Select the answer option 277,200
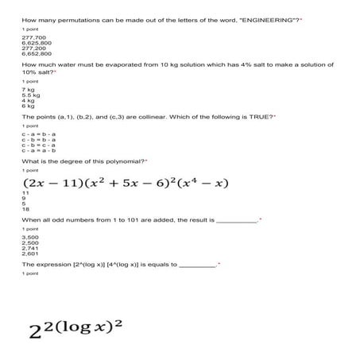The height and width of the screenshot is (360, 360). pos(33,48)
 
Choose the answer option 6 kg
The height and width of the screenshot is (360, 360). pos(29,106)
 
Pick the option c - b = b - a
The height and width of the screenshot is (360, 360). pos(36,141)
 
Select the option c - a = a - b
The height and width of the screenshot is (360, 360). pos(36,151)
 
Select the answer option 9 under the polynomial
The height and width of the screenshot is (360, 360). pos(24,198)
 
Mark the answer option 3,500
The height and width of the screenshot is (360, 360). pos(30,238)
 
